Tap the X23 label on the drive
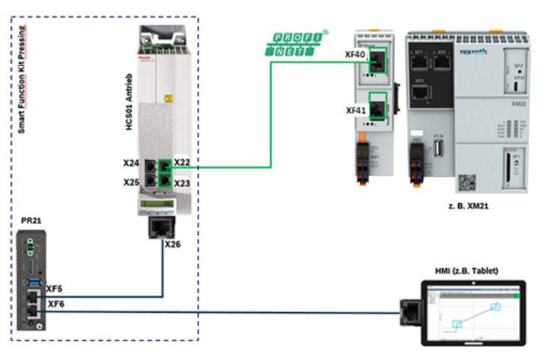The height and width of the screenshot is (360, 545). (182, 183)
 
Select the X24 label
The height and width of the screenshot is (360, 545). (131, 164)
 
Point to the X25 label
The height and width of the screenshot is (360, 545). (131, 183)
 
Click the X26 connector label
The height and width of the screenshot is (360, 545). (174, 244)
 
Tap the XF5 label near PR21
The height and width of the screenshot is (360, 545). (55, 289)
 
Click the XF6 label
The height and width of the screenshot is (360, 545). (56, 304)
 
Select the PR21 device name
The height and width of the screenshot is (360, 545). (31, 220)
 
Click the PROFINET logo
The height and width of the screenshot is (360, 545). (296, 44)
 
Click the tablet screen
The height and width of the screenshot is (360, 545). (473, 312)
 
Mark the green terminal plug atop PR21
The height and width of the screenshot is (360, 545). (31, 243)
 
